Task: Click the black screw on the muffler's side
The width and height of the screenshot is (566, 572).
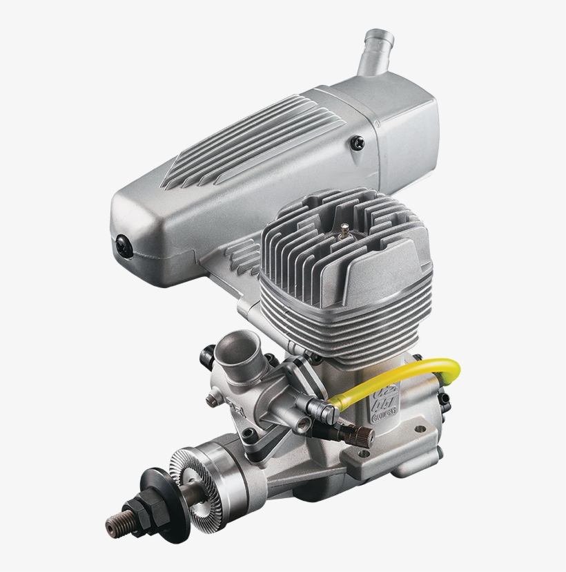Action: (x=357, y=143)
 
